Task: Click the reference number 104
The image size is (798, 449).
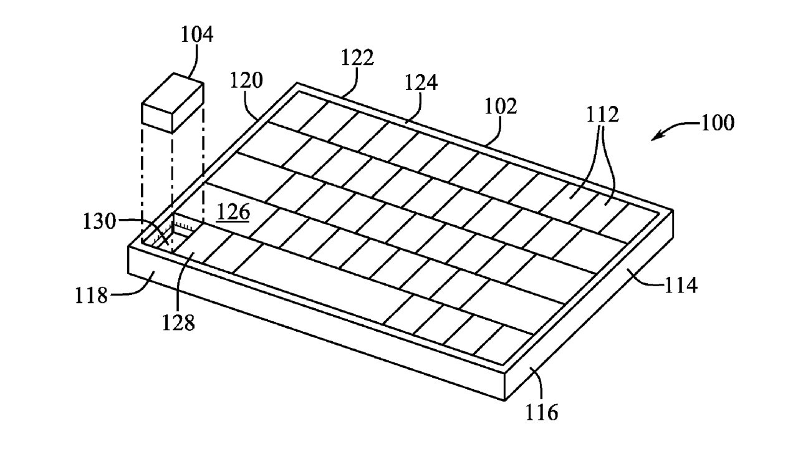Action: click(197, 35)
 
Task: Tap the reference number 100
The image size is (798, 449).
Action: click(717, 122)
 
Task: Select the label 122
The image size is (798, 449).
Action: click(357, 57)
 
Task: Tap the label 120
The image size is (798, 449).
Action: click(246, 80)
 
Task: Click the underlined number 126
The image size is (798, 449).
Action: click(233, 212)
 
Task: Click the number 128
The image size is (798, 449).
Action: click(179, 322)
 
